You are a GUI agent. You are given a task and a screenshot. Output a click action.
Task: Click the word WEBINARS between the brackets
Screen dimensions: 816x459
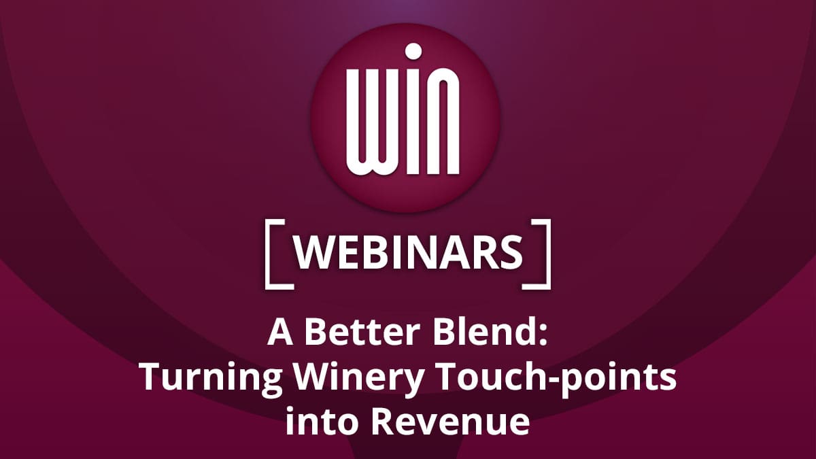click(x=408, y=253)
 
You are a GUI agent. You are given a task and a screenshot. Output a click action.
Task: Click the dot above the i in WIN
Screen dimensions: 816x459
click(x=413, y=52)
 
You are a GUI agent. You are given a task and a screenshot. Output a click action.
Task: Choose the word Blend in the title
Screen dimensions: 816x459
click(x=483, y=333)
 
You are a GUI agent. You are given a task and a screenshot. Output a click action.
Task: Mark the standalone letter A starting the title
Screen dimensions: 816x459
click(x=279, y=333)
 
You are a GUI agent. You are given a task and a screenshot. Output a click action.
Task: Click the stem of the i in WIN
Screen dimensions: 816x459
click(x=413, y=122)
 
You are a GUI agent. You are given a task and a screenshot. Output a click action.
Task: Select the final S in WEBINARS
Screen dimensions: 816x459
click(x=513, y=253)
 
